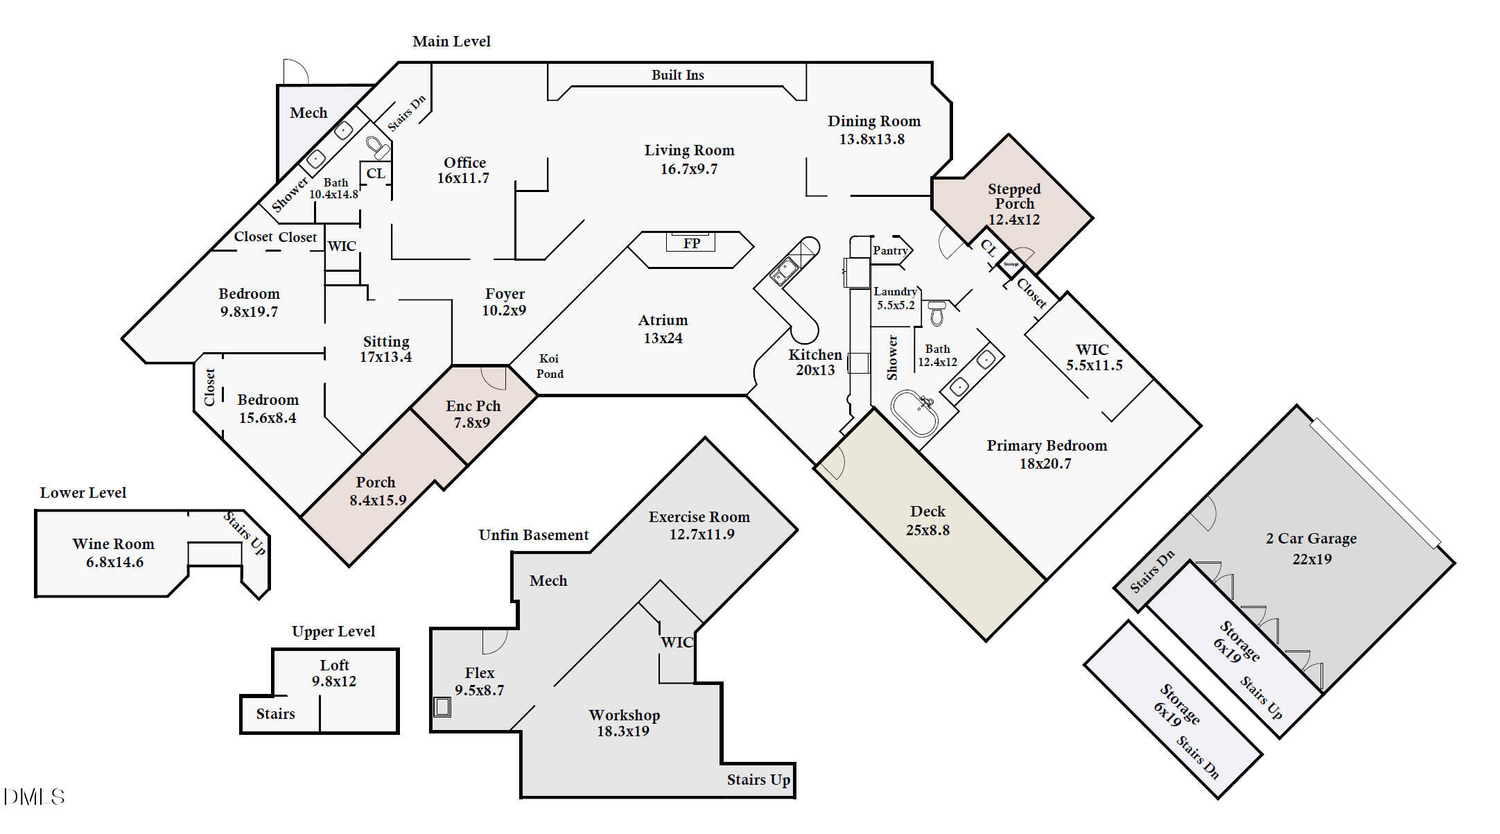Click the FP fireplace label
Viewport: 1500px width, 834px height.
click(691, 243)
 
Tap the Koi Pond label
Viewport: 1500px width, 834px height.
click(550, 366)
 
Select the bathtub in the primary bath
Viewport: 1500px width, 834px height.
click(914, 412)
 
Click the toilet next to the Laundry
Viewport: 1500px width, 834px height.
click(936, 313)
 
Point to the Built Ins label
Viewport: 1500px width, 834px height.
click(677, 75)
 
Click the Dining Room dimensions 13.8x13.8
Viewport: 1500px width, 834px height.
click(872, 139)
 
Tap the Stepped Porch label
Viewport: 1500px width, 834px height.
click(1014, 196)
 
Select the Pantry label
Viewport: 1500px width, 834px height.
click(890, 250)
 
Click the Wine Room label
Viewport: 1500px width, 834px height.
click(113, 544)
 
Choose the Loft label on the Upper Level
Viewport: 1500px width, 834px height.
click(334, 665)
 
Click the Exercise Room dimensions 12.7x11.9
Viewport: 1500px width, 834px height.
click(701, 535)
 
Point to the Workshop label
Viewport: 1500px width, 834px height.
click(624, 715)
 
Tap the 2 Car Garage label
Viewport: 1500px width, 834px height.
click(1311, 539)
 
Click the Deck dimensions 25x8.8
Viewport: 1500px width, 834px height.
click(927, 530)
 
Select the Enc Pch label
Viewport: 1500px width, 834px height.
click(473, 406)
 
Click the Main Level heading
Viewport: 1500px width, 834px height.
click(451, 42)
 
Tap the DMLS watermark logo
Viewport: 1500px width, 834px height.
click(34, 797)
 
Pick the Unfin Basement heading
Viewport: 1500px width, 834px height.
click(533, 535)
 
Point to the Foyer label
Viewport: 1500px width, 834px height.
click(505, 294)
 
